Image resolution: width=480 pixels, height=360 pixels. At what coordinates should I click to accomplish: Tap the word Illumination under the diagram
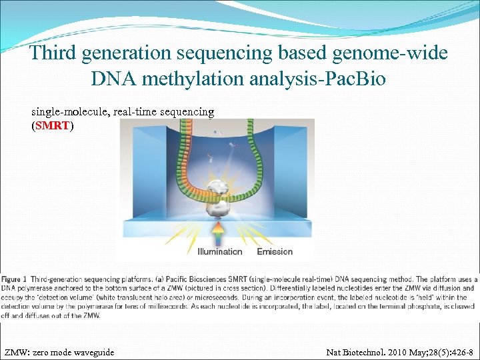pyautogui.click(x=220, y=251)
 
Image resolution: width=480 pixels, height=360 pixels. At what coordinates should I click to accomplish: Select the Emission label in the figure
pyautogui.click(x=275, y=251)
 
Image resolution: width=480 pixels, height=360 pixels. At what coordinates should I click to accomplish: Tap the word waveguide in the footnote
pyautogui.click(x=91, y=352)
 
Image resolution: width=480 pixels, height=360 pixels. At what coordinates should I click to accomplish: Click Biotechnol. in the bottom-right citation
pyautogui.click(x=364, y=352)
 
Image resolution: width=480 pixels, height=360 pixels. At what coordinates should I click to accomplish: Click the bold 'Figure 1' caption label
pyautogui.click(x=15, y=278)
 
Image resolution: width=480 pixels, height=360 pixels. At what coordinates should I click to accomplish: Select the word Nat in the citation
pyautogui.click(x=334, y=352)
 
